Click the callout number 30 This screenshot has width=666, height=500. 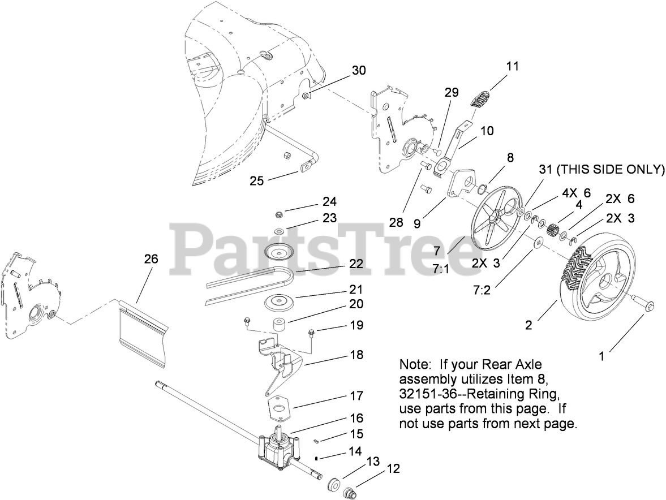(359, 71)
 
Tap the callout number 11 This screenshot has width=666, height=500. (512, 66)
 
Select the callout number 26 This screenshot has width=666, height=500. (151, 259)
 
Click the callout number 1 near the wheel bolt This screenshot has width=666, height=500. (602, 356)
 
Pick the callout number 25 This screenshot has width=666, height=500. (257, 180)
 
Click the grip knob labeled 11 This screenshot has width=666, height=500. (482, 98)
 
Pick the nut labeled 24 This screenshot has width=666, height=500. (278, 215)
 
